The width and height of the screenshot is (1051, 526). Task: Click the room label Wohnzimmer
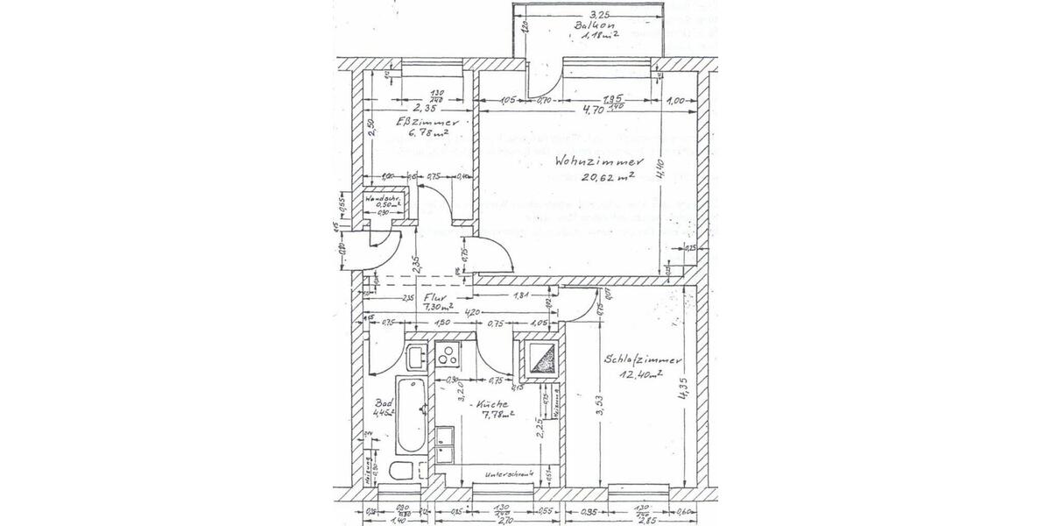(600, 162)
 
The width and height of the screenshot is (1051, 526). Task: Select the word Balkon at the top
(592, 25)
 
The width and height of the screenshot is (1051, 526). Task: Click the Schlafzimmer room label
(644, 360)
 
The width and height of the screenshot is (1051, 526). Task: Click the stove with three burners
(449, 355)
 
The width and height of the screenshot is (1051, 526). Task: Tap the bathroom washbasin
(414, 355)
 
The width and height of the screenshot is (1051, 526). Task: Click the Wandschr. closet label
(383, 199)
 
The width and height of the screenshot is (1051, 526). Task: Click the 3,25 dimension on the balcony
(598, 14)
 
